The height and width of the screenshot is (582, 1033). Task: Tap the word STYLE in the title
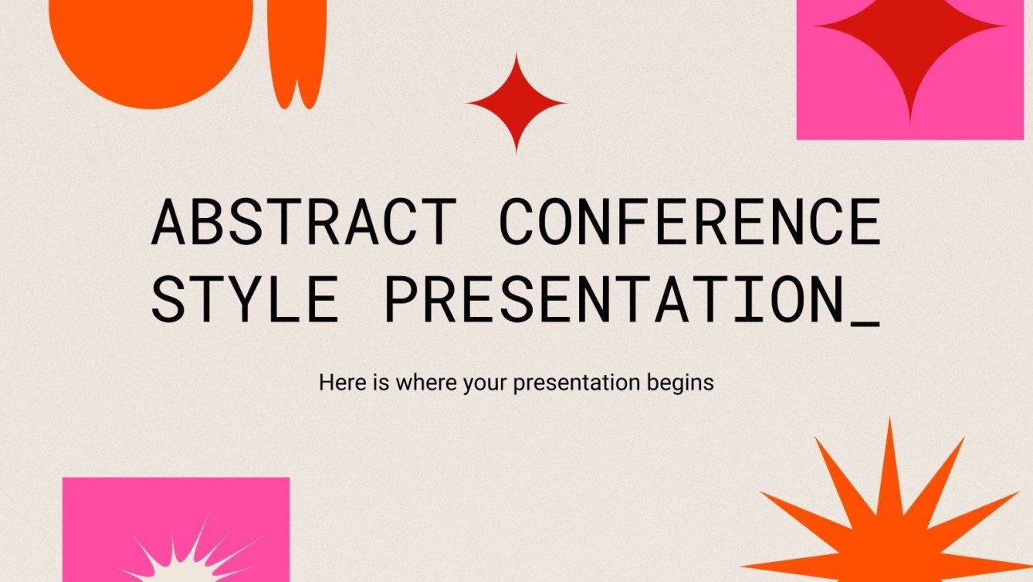coord(244,298)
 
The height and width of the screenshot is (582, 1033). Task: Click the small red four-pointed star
coord(516,103)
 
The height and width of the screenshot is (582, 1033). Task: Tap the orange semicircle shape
coord(151,46)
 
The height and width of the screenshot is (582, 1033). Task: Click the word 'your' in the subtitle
coord(483,383)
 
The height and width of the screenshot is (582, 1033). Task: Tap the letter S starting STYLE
coord(168,298)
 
